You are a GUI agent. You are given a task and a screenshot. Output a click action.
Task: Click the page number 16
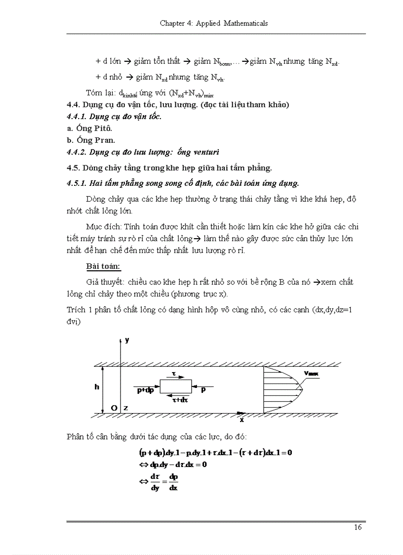pyautogui.click(x=358, y=527)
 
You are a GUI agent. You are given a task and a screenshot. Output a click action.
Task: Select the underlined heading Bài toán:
pyautogui.click(x=103, y=266)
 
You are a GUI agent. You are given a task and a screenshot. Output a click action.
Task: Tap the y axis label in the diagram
pyautogui.click(x=127, y=340)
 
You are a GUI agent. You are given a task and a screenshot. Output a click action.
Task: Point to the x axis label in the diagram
pyautogui.click(x=242, y=420)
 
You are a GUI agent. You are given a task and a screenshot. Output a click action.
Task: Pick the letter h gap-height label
pyautogui.click(x=97, y=387)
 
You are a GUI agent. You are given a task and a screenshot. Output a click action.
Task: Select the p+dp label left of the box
pyautogui.click(x=145, y=390)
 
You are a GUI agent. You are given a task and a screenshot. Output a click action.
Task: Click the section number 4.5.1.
pyautogui.click(x=77, y=183)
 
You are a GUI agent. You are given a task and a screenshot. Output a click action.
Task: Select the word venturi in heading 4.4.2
pyautogui.click(x=202, y=152)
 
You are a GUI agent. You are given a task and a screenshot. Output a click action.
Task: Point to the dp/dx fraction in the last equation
pyautogui.click(x=173, y=482)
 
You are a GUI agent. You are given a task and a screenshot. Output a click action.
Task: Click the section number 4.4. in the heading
pyautogui.click(x=73, y=105)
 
